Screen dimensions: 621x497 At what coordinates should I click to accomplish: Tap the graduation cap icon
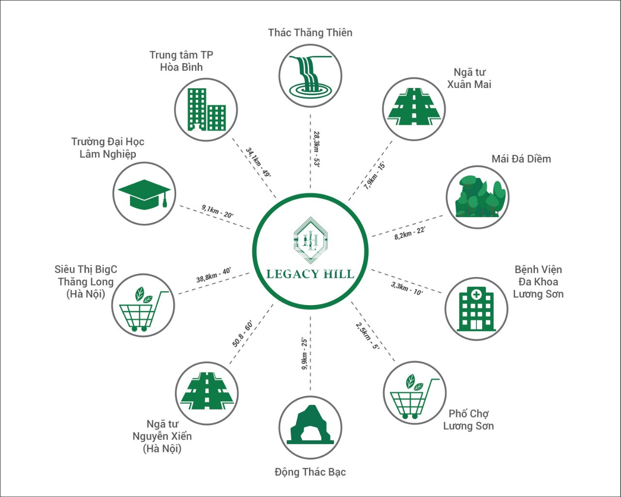point(144,193)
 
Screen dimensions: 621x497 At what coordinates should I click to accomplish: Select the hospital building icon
point(476,308)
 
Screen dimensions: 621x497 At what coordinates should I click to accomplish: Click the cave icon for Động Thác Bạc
point(310,425)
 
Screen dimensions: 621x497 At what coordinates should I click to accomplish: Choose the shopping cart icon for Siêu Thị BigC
point(144,309)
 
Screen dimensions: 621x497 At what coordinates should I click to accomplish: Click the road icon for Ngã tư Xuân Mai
point(414,106)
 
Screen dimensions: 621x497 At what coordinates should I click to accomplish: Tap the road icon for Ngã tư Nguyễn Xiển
point(207,391)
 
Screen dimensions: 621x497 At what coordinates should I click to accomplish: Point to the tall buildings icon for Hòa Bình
point(207,110)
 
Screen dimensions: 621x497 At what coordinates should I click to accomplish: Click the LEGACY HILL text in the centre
point(310,274)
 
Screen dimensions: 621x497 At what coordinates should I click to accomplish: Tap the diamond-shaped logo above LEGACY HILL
point(310,240)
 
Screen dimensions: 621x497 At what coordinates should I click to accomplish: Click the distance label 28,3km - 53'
point(316,149)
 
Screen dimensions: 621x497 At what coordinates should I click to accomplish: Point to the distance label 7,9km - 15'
point(374,176)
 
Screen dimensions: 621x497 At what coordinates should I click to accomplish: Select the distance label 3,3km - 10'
point(407,289)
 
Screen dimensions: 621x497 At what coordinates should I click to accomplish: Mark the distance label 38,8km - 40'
point(213,275)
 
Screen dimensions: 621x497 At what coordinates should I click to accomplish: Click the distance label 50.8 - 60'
point(243,333)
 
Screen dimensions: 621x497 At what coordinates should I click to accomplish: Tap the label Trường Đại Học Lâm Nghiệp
point(108,148)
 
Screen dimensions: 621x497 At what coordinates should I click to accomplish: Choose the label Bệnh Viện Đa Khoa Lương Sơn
point(538,282)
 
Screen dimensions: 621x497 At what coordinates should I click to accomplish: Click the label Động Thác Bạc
point(310,472)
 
